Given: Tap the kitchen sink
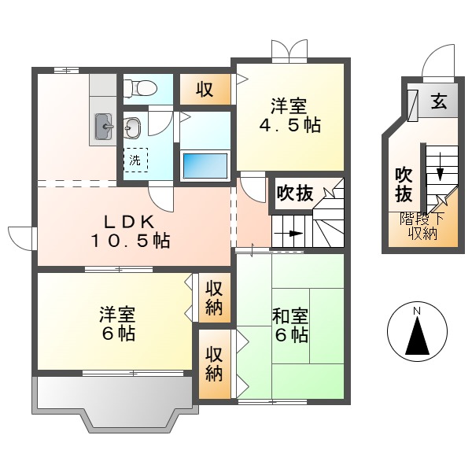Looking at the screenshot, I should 104,126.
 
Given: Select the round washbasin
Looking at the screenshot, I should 132,126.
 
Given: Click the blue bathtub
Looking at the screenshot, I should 205,166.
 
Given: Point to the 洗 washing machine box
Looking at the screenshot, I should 135,160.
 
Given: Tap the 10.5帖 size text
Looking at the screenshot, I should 129,242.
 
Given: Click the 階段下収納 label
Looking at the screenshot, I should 422,226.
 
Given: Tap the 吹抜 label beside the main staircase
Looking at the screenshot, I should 295,193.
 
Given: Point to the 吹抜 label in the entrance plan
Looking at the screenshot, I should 404,183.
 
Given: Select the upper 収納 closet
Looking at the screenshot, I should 213,297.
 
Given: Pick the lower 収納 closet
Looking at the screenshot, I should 213,363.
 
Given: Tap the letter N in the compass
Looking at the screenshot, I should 417,312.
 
